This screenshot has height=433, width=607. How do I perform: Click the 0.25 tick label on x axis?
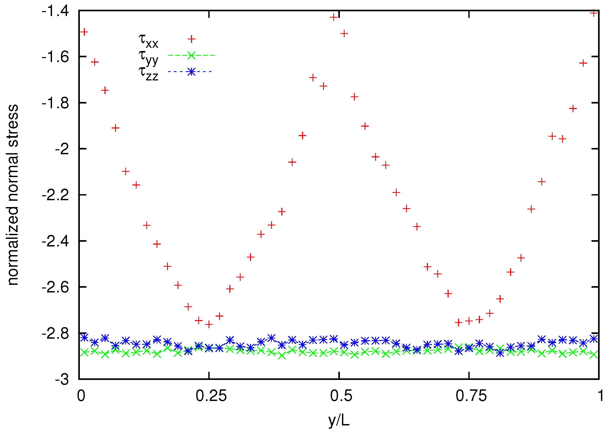(x=211, y=396)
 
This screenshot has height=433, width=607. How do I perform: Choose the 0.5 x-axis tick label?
(x=341, y=396)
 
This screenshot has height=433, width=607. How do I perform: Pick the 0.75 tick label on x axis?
(x=471, y=396)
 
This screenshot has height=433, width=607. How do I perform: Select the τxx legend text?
(x=148, y=41)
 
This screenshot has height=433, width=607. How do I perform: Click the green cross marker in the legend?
(x=191, y=55)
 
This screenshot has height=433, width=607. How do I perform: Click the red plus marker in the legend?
(x=191, y=39)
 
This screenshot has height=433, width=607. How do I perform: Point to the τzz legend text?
(x=148, y=73)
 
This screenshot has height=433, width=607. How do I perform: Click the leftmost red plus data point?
(x=84, y=32)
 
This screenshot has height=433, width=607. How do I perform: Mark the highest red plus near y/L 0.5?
(x=334, y=18)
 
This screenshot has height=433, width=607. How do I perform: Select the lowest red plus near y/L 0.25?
(x=209, y=325)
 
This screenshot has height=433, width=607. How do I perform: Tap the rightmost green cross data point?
(x=594, y=355)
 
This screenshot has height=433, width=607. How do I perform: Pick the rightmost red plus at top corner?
(x=594, y=13)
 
